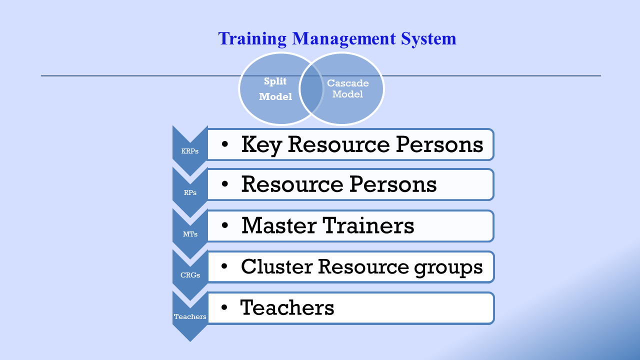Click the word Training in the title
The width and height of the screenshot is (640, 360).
pos(252,39)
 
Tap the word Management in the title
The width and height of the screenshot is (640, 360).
pos(344,39)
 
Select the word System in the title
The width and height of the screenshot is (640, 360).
pos(429,39)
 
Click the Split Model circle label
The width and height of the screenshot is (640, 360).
pos(275,89)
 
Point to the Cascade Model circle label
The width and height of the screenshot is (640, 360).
pos(347,88)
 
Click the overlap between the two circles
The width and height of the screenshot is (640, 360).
pos(311,88)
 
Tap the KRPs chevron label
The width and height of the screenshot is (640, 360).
pos(189,151)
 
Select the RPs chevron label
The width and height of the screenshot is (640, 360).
pos(190,192)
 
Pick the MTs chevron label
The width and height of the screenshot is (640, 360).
pos(190,234)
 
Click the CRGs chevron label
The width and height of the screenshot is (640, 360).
pos(190,275)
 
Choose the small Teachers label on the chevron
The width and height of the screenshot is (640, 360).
pos(190,316)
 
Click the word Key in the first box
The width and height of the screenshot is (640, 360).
pos(261,145)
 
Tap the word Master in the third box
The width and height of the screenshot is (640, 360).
pos(279,225)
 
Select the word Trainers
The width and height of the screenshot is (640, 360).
pos(368,225)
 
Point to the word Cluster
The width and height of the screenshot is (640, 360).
pos(276,266)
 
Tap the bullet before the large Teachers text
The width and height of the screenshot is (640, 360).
pos(224,307)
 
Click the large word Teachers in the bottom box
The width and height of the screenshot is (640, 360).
pos(287,307)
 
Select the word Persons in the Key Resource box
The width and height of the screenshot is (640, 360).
pos(439,144)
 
